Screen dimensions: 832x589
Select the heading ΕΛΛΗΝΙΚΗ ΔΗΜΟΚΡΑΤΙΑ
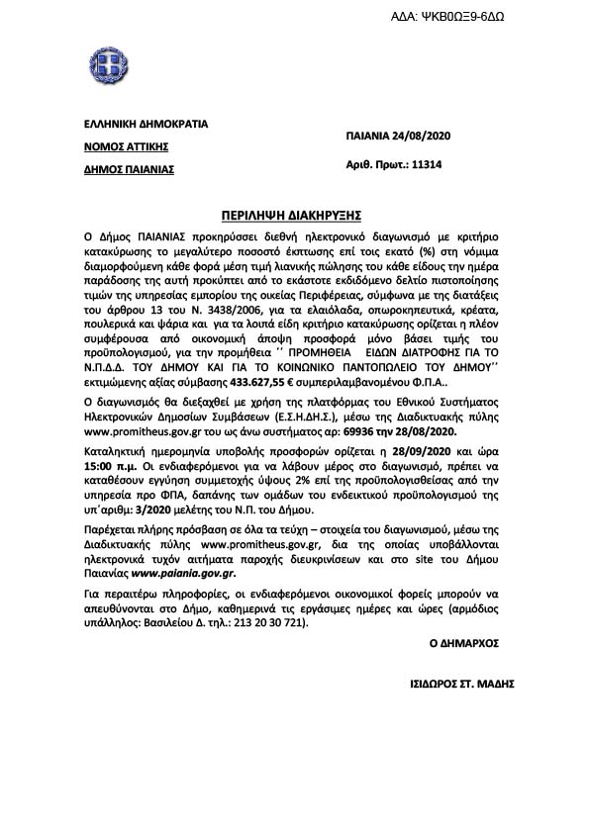click(146, 125)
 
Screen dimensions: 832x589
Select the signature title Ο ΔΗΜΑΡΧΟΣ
click(463, 643)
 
